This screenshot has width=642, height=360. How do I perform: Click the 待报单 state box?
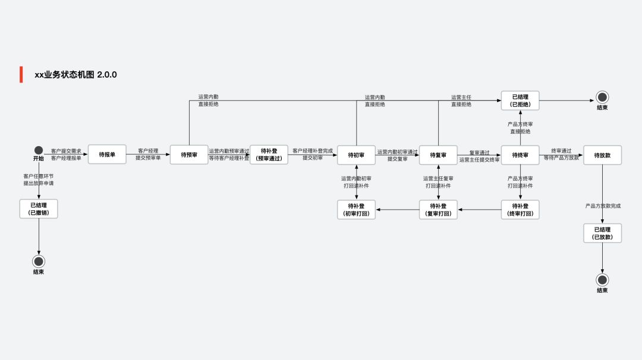pyautogui.click(x=107, y=154)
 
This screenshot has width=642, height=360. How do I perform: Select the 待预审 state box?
pyautogui.click(x=189, y=154)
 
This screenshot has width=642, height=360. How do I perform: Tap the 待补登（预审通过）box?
pyautogui.click(x=269, y=154)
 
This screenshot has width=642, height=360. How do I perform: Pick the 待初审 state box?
pyautogui.click(x=356, y=154)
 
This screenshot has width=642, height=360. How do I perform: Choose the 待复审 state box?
pyautogui.click(x=438, y=154)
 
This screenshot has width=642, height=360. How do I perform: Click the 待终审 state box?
pyautogui.click(x=520, y=154)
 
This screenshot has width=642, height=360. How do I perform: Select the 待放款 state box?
pyautogui.click(x=602, y=154)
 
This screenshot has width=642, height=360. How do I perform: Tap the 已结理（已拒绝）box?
pyautogui.click(x=520, y=100)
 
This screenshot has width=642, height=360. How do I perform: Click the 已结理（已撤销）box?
pyautogui.click(x=39, y=209)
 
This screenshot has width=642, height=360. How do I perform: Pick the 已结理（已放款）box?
pyautogui.click(x=602, y=233)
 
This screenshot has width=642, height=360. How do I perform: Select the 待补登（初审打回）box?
pyautogui.click(x=356, y=210)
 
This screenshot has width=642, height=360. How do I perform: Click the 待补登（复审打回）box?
pyautogui.click(x=438, y=210)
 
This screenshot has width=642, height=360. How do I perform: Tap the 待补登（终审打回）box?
pyautogui.click(x=520, y=210)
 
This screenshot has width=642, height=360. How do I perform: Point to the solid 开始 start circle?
pyautogui.click(x=39, y=150)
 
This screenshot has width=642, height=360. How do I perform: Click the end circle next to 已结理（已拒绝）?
pyautogui.click(x=602, y=97)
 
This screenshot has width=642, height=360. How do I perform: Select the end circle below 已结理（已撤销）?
pyautogui.click(x=39, y=261)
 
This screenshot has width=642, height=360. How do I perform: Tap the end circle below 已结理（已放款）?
pyautogui.click(x=602, y=280)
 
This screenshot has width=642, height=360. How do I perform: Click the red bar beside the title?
pyautogui.click(x=21, y=74)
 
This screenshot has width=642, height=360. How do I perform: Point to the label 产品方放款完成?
pyautogui.click(x=603, y=206)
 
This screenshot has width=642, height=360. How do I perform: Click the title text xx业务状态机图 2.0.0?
pyautogui.click(x=75, y=75)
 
